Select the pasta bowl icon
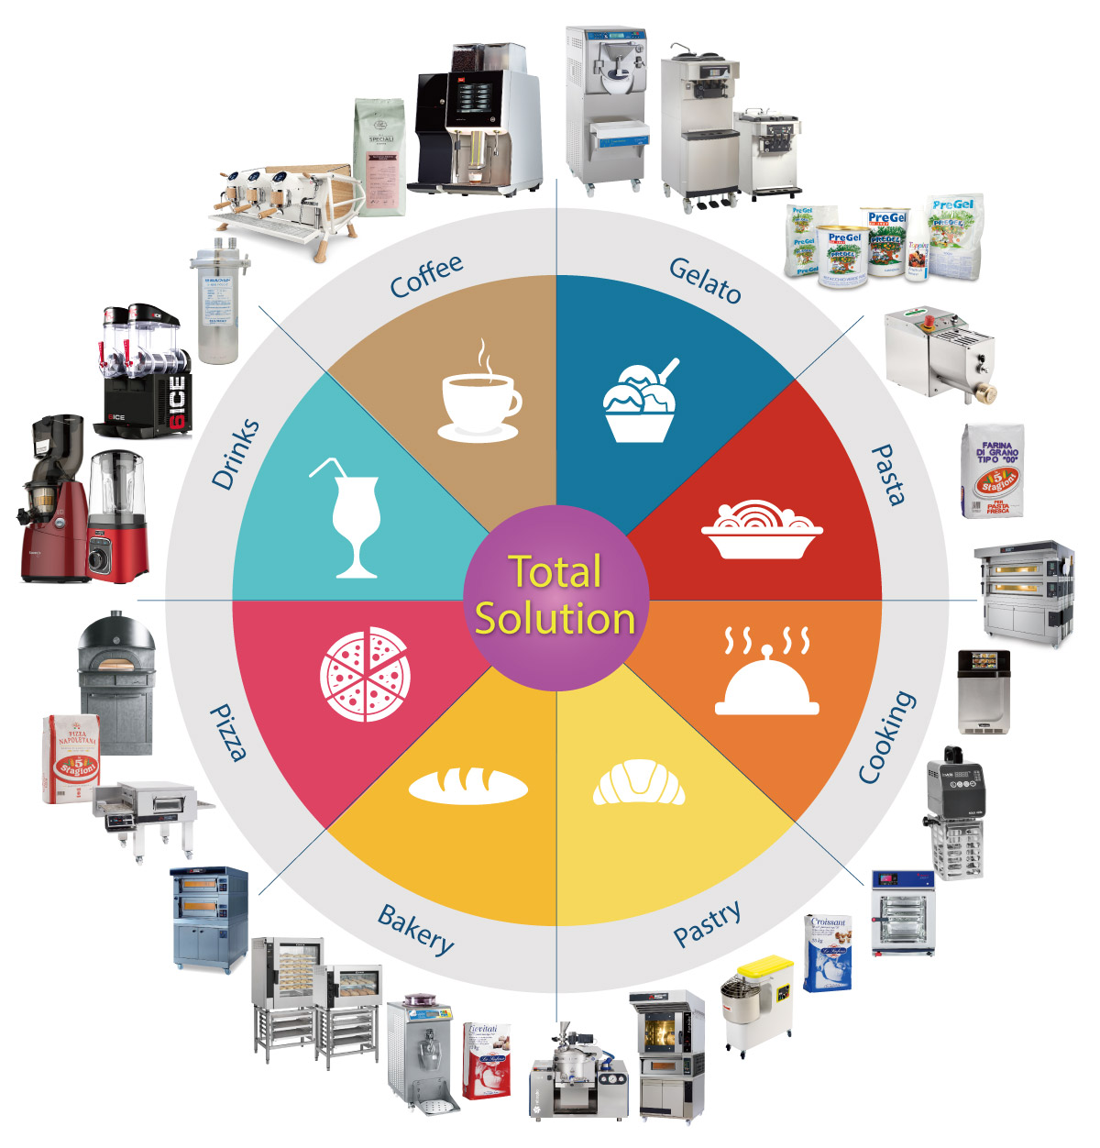(761, 530)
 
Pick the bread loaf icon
(467, 785)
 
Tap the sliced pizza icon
(364, 674)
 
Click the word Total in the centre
(555, 571)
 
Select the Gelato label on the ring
(705, 280)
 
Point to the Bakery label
(416, 929)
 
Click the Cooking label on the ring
(886, 737)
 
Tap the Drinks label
(236, 454)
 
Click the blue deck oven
(210, 917)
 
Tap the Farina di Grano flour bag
(994, 470)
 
